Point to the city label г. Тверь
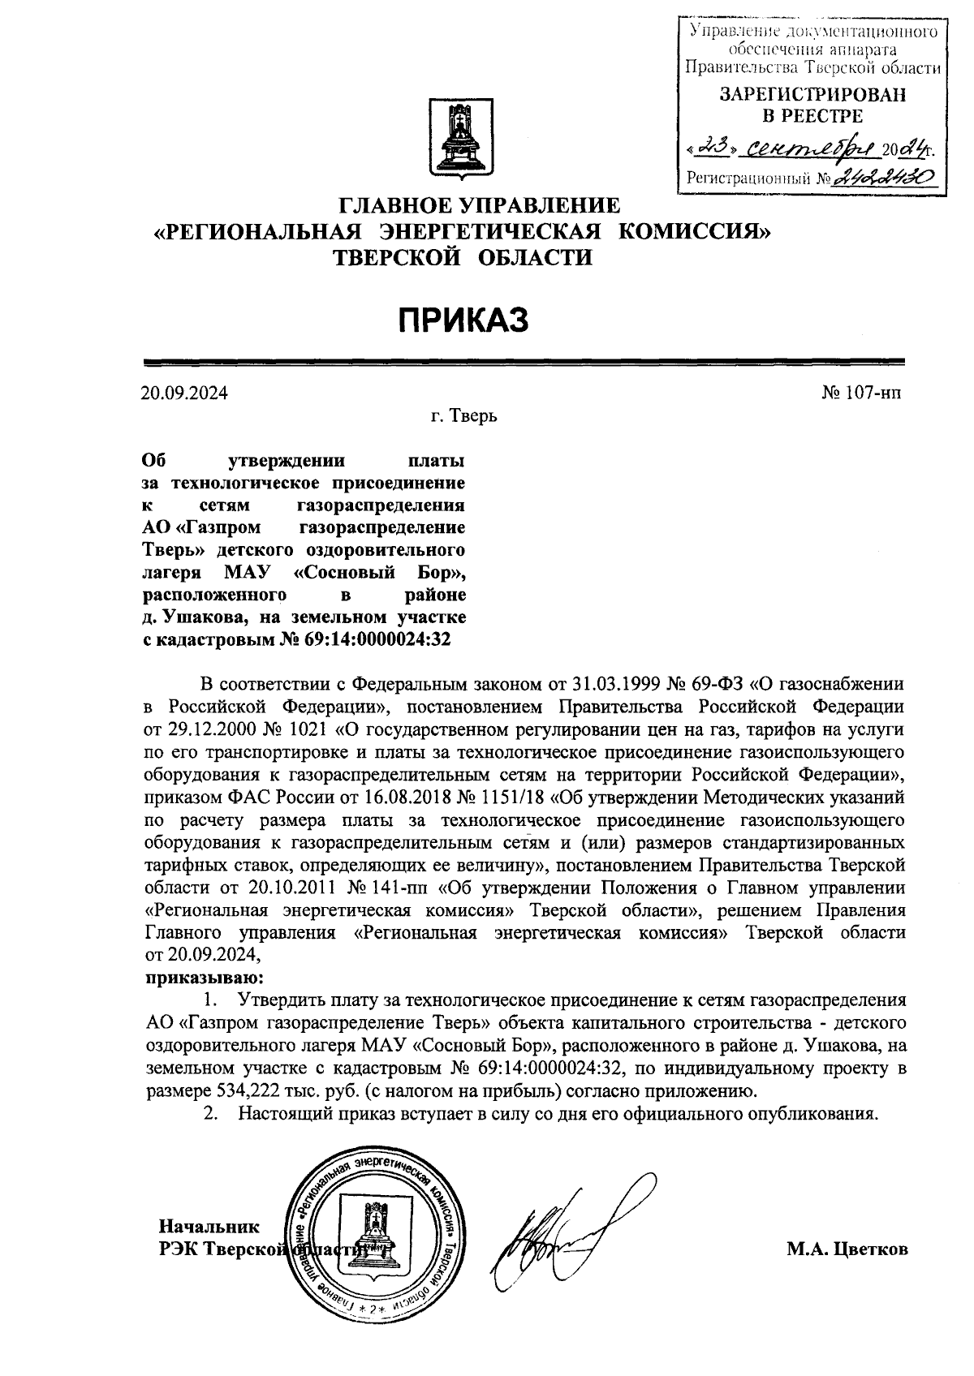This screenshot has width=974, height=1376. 463,417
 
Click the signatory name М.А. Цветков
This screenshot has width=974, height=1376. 847,1249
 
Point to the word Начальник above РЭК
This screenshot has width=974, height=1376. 209,1226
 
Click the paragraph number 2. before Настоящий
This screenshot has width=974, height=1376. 211,1113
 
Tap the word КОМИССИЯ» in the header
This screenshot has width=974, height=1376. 694,233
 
